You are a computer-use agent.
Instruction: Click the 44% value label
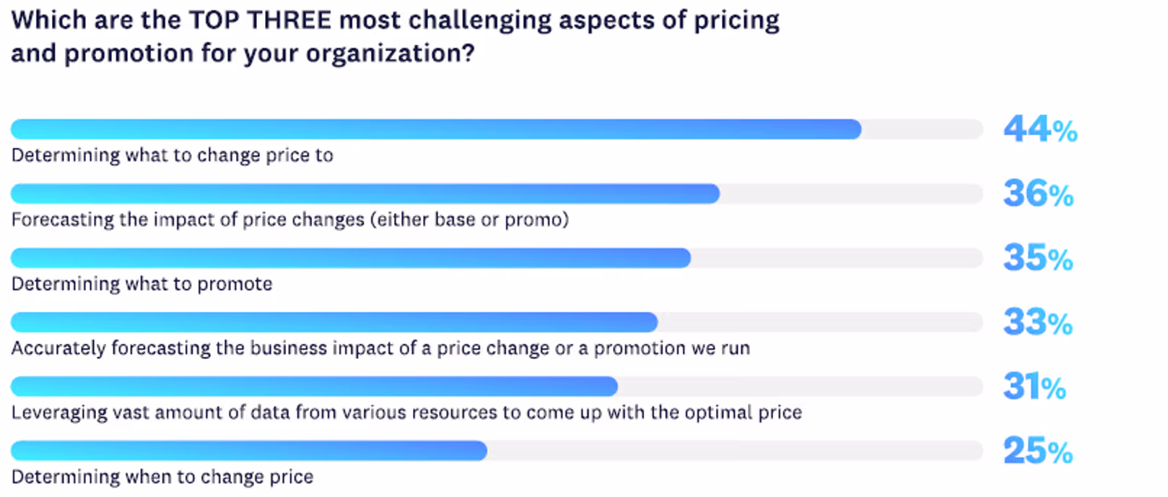click(1040, 129)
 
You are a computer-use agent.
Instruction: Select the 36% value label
click(1038, 194)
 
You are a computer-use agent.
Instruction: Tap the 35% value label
click(1038, 258)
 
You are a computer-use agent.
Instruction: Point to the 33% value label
click(1037, 322)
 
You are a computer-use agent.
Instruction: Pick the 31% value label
click(1034, 387)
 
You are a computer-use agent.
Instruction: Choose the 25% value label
click(1037, 451)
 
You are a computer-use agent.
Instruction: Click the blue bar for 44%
click(436, 129)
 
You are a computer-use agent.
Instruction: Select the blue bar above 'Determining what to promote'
click(351, 258)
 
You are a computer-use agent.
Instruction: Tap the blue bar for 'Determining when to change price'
click(249, 451)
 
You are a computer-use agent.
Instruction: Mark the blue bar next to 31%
click(315, 387)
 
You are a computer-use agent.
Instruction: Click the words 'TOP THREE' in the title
click(260, 21)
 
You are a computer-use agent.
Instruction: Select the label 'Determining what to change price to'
click(172, 155)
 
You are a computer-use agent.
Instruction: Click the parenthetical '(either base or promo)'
click(469, 220)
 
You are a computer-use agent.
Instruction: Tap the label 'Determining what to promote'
click(141, 284)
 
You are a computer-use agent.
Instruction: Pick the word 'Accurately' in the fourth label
click(59, 348)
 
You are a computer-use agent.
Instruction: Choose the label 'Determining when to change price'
click(162, 477)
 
